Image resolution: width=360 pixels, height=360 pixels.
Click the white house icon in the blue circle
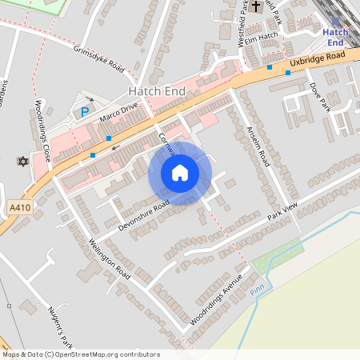click(180, 173)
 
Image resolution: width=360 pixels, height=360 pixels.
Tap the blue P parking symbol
click(84, 113)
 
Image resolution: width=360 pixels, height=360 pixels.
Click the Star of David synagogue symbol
click(22, 162)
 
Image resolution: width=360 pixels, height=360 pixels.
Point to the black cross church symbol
click(256, 7)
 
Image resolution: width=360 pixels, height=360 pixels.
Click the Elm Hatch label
click(261, 37)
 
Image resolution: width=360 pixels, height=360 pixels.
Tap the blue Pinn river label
click(257, 290)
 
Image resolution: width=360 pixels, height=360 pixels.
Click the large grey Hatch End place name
click(158, 92)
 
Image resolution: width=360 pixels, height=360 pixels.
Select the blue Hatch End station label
click(335, 37)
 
